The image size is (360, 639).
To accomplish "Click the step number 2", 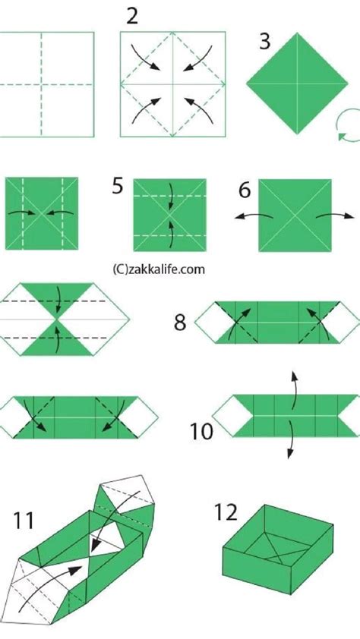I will pos(132,16).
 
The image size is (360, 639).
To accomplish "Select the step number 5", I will pos(118,185).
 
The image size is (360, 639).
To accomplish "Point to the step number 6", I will pos(245,189).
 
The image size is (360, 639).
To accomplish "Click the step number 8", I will pos(179,322).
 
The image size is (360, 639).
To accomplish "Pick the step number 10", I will pos(202,432).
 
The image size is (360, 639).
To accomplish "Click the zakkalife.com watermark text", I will pos(159,269).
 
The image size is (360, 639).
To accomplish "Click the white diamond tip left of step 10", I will pos(226,415).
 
